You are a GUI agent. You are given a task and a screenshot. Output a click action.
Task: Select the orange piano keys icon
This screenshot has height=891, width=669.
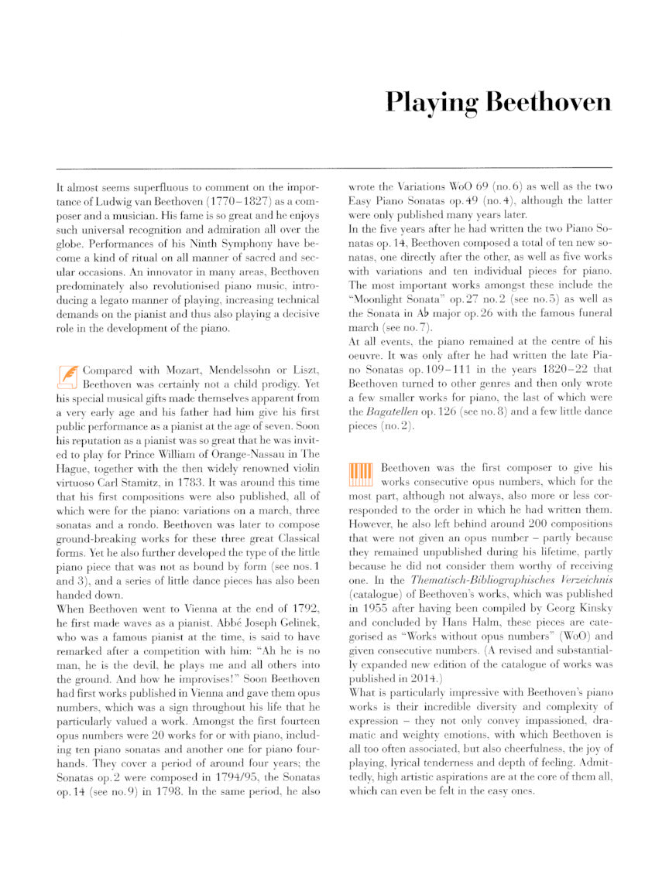point(361,473)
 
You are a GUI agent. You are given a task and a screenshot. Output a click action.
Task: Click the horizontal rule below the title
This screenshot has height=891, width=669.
point(334,167)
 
